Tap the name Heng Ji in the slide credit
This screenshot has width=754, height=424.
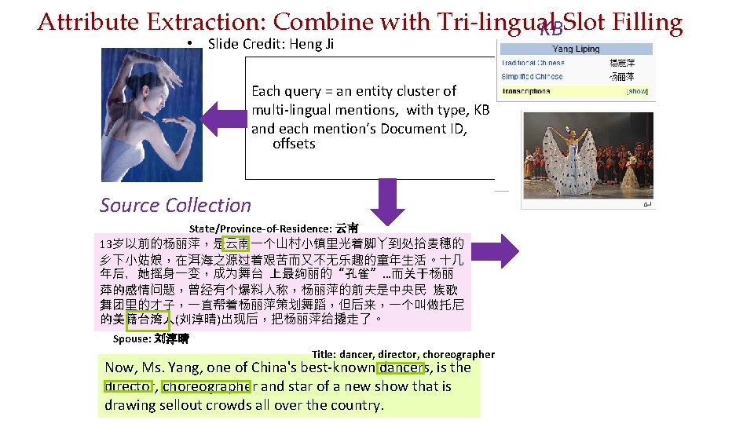coord(312,44)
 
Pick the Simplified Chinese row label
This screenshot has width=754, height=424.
coord(532,76)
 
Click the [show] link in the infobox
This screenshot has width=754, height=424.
coord(636,91)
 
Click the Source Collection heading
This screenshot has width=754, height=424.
coord(175,206)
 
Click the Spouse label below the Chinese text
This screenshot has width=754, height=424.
coord(131,339)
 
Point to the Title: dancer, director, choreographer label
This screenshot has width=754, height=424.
coord(403,354)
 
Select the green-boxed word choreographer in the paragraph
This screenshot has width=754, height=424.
coord(207,386)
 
